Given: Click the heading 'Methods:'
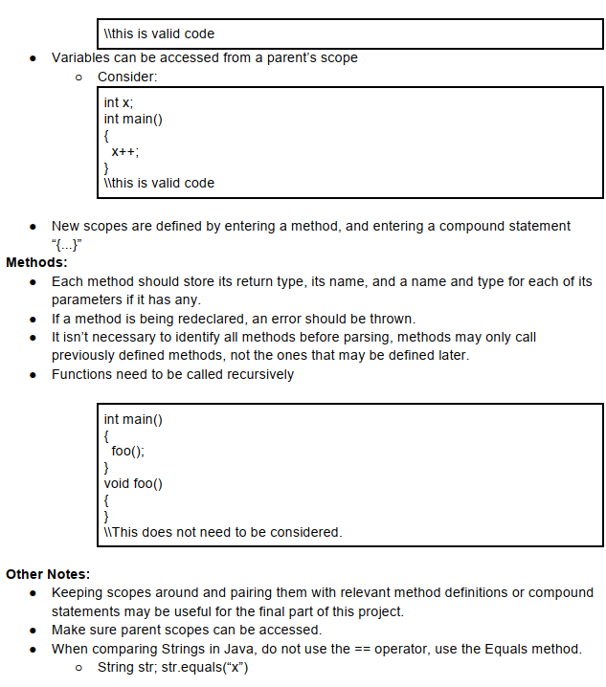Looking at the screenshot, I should [x=36, y=261].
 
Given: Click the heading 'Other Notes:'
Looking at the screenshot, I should [x=48, y=574].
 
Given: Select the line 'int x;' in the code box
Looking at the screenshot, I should [x=118, y=102].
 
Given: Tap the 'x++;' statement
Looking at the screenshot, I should [x=125, y=151].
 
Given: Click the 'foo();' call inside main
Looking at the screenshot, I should [x=128, y=451].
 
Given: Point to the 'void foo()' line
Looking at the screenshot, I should [x=133, y=483].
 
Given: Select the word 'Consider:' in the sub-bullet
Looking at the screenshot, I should [x=127, y=77].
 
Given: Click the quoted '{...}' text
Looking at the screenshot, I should [x=67, y=243].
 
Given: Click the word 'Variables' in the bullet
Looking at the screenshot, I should [x=81, y=57].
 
